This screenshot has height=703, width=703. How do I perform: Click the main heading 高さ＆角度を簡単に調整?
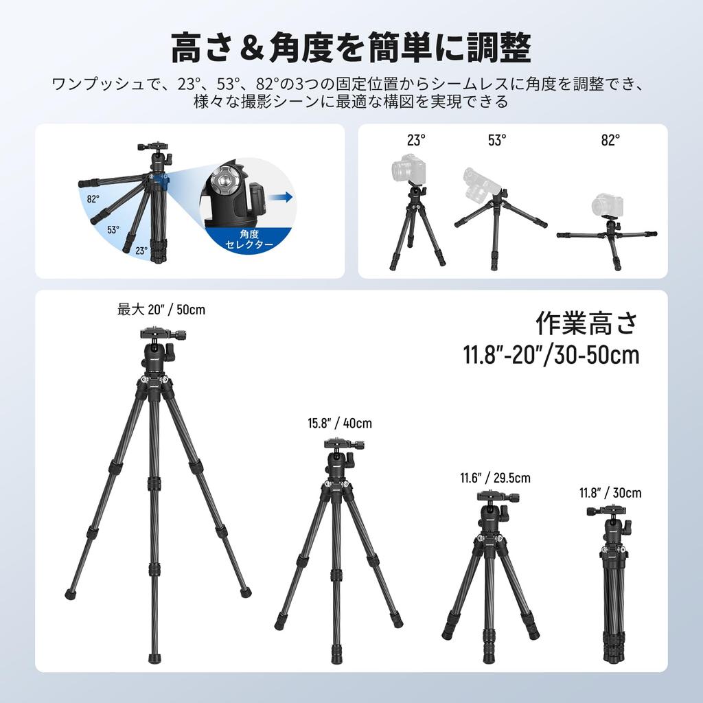point(351,48)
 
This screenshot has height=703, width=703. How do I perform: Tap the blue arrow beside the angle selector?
point(280,197)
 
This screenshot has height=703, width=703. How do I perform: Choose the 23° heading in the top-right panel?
point(416,140)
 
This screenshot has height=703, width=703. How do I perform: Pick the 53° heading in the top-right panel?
point(497,140)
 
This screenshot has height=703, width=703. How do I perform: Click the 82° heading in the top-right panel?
point(610,140)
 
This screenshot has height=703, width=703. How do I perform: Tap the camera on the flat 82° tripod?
point(607,205)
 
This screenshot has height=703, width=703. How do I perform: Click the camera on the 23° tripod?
point(408,168)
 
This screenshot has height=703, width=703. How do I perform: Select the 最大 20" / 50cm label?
point(161,310)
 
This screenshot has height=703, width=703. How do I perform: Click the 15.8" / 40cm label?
point(340,424)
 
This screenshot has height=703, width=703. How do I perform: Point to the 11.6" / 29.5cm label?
point(495,479)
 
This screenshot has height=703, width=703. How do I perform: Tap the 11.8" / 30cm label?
point(610,493)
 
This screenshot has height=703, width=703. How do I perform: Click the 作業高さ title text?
point(586,323)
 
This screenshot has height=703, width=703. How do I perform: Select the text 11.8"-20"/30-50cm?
point(551,355)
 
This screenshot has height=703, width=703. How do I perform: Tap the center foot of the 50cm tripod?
point(154,658)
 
